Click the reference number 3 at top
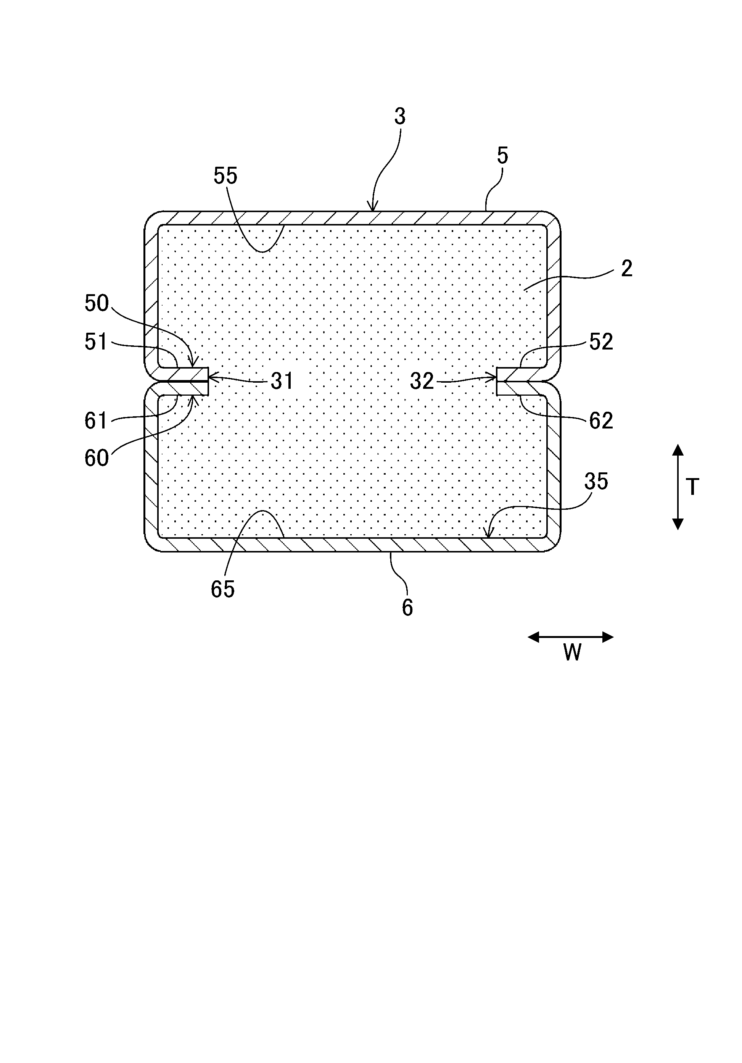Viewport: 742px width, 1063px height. pos(400,117)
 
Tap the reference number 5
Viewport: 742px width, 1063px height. pos(502,156)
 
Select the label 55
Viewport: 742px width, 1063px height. pos(225,176)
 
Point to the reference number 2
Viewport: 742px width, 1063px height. pos(626,269)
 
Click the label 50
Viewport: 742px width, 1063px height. pos(96,303)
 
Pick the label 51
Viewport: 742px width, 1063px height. pos(96,342)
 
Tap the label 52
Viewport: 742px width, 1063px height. pos(601,342)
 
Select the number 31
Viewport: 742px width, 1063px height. pos(282,382)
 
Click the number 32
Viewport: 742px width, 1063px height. pos(422,382)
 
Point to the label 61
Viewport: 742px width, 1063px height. pos(96,421)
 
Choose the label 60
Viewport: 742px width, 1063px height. pos(96,458)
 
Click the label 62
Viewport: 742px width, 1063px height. pos(601,421)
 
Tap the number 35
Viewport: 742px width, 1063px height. pos(596,482)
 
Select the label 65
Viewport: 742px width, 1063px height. pos(223,590)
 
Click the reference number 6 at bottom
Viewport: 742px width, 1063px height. pos(407,608)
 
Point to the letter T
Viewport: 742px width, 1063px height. pos(692,488)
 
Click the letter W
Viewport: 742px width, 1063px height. pos(572,653)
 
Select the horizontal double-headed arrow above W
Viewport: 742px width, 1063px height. pos(571,638)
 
